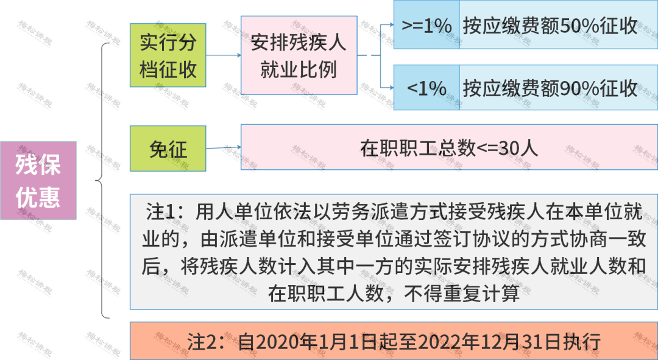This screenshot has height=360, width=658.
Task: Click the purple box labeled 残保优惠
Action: tap(38, 180)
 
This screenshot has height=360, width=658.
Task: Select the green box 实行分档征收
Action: tap(168, 55)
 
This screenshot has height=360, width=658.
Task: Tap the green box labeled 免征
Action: tap(168, 148)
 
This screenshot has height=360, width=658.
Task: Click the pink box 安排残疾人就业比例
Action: tap(299, 55)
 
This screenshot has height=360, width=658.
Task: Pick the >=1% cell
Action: tap(426, 26)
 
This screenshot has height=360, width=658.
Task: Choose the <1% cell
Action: tap(426, 89)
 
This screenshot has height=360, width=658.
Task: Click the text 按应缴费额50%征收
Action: tap(550, 26)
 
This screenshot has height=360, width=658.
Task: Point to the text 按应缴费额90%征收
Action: tap(550, 89)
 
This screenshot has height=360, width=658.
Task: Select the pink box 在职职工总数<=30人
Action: tap(449, 148)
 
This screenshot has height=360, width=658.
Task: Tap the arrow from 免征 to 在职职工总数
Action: tap(224, 147)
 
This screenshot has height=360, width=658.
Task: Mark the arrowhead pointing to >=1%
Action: tap(390, 25)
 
